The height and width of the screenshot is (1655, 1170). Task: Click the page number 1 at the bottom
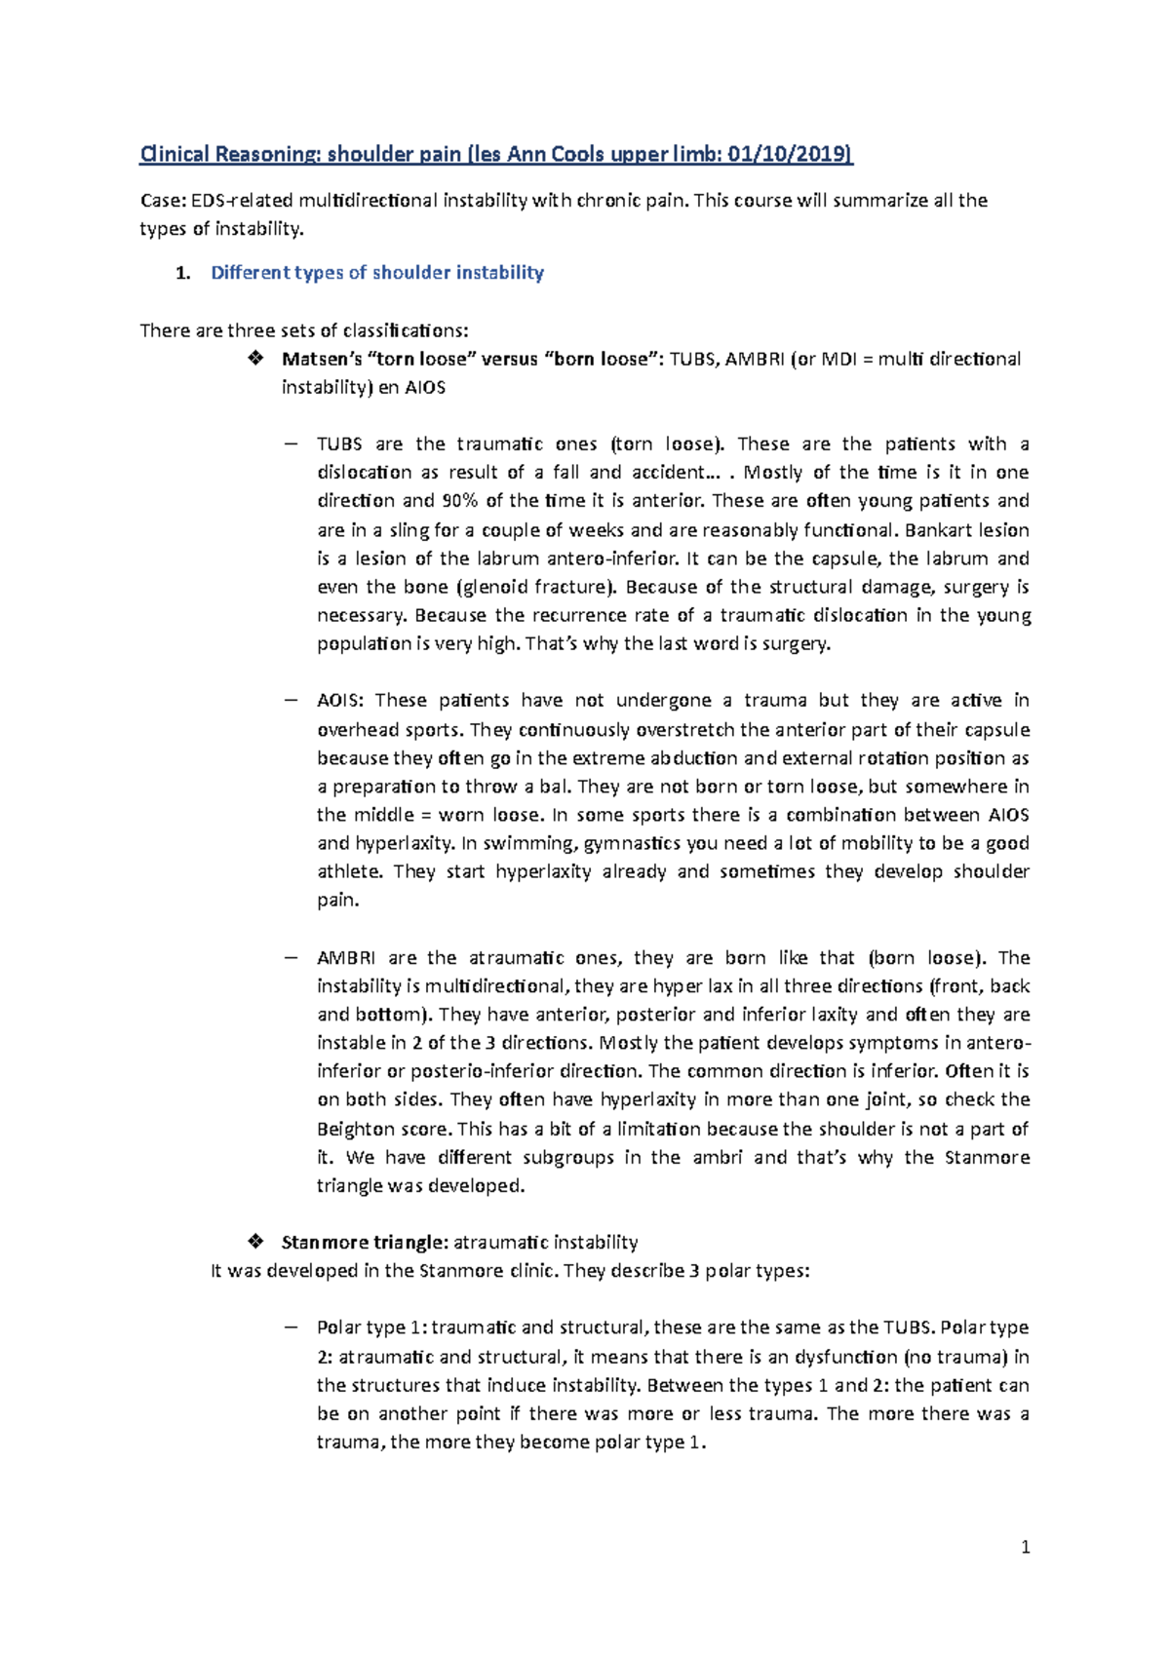tap(1025, 1547)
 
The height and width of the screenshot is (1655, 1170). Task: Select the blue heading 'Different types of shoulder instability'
tap(377, 273)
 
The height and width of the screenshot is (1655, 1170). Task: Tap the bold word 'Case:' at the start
tap(162, 201)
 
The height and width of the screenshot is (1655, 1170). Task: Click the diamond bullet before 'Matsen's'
tap(255, 359)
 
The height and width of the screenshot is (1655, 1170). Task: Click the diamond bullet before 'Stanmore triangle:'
tap(255, 1242)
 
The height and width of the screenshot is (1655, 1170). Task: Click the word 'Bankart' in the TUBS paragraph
tap(939, 530)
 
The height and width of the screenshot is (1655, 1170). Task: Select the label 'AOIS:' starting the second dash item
tap(341, 701)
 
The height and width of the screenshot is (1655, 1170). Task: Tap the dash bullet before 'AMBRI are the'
tap(290, 957)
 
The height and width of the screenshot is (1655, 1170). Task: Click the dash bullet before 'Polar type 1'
tap(290, 1328)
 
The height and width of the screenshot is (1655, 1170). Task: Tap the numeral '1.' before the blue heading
tap(182, 273)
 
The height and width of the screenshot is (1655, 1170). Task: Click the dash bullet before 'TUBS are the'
tap(290, 444)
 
